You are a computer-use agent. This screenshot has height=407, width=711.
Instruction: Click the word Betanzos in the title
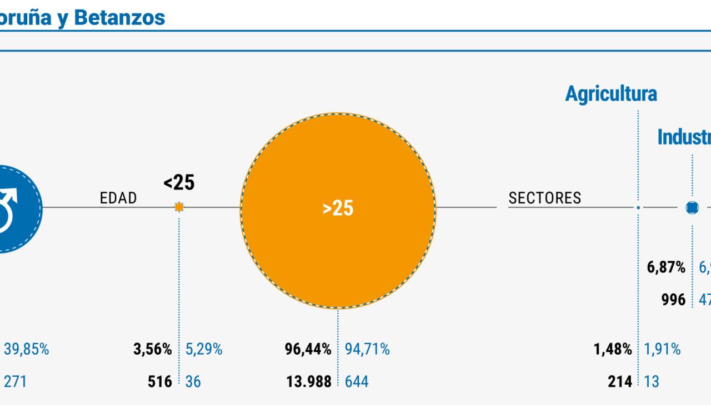119,17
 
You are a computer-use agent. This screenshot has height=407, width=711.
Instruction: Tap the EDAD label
118,198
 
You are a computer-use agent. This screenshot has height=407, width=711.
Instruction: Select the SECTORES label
544,198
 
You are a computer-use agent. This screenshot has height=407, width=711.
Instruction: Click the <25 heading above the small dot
179,182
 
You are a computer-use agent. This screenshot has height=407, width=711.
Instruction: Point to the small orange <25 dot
179,207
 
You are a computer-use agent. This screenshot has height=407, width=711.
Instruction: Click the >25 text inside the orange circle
338,209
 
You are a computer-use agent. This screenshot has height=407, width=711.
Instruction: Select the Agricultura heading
610,94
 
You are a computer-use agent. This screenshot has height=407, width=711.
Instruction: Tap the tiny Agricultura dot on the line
638,207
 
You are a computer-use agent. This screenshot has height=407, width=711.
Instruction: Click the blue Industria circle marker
692,207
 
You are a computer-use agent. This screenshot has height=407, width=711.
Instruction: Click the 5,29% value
204,350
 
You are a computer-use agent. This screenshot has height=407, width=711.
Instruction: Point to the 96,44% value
308,350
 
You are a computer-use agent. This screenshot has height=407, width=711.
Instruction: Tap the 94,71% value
367,350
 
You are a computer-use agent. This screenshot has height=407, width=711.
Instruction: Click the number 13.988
308,382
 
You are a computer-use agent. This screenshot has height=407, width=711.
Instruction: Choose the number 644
356,382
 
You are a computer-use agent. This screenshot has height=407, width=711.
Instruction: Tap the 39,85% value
26,350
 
